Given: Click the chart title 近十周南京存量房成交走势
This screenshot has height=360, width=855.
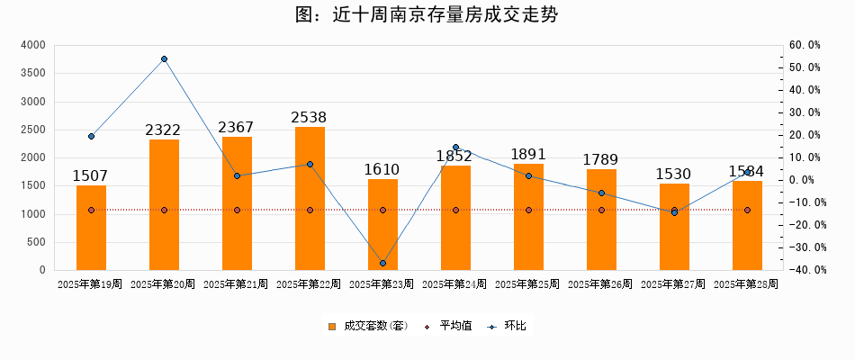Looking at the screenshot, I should click(427, 15).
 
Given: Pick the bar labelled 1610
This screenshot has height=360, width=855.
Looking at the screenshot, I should click(382, 225).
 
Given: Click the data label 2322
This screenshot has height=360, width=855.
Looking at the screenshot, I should click(164, 130).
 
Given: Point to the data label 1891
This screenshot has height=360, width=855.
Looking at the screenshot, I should click(528, 155).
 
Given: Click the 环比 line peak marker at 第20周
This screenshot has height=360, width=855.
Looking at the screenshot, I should click(164, 59).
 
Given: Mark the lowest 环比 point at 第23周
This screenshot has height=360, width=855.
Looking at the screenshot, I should click(382, 263).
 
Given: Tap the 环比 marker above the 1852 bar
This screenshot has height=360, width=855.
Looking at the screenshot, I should click(455, 147).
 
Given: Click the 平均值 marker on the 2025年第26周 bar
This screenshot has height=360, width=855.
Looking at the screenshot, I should click(601, 210).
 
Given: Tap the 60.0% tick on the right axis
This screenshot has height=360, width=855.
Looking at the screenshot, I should click(805, 45).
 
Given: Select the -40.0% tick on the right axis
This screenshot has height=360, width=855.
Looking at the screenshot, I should click(803, 270).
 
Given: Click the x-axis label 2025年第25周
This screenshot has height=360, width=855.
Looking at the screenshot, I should click(528, 284).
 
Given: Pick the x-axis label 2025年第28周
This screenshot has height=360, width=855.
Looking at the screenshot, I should click(746, 284).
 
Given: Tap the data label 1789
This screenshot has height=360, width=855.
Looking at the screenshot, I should click(601, 160).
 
